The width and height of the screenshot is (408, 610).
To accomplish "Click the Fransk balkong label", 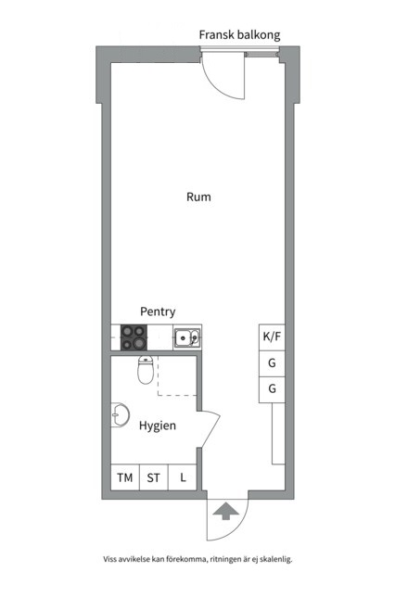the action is (239, 35).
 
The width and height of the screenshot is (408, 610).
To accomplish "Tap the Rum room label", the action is (198, 197).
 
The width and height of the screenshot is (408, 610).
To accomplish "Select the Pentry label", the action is (158, 311).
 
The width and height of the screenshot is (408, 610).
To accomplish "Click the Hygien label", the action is (158, 426).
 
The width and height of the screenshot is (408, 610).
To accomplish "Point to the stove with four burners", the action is (134, 337).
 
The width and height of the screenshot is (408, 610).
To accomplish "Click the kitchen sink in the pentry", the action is (187, 337).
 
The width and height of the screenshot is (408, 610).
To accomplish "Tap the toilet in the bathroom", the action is (146, 370).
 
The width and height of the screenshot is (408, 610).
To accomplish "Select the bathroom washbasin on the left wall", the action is (121, 415).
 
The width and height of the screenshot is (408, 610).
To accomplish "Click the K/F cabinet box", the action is (272, 337).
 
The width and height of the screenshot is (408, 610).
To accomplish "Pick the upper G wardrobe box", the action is (272, 363).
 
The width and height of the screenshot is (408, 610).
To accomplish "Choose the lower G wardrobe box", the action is (272, 389).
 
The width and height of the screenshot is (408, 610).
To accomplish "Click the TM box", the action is (125, 477).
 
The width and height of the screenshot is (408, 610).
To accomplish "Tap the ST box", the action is (154, 477).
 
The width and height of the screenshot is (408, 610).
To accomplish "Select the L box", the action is (183, 477).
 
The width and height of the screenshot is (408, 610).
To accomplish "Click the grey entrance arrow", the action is (226, 511).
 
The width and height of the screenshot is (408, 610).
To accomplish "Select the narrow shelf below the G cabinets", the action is (278, 433).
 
